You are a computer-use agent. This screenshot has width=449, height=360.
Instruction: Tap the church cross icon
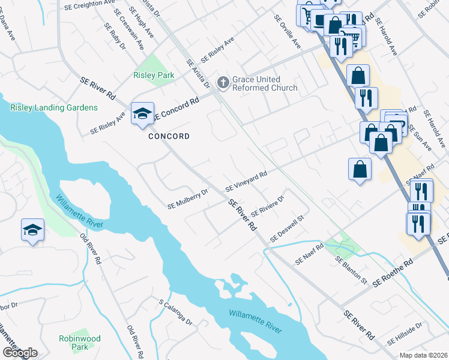223,82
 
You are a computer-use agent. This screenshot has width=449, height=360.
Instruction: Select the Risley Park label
154,76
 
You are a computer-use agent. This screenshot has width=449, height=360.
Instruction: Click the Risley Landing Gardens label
53,107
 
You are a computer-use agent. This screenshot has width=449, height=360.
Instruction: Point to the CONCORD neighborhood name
169,136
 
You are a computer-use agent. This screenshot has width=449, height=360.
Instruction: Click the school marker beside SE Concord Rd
142,113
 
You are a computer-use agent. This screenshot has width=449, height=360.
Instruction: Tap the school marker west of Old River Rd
32,229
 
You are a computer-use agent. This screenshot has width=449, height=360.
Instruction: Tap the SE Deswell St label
288,230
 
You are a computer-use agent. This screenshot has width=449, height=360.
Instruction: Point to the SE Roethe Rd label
393,273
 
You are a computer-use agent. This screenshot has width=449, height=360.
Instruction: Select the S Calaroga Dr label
176,313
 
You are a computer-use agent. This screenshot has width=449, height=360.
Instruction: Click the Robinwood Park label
74,343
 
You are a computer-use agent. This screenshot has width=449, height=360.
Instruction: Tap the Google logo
20,353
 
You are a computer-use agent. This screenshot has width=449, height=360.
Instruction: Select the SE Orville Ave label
287,32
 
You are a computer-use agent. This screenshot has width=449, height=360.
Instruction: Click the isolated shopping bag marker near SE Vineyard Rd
359,169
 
